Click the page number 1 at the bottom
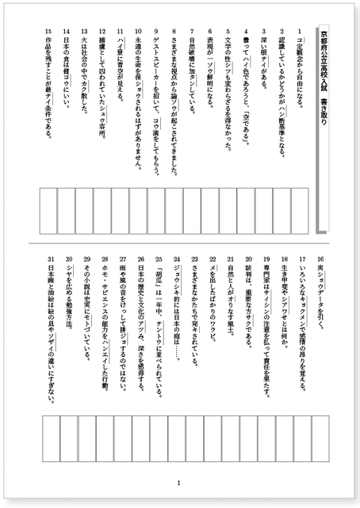coord(179,483)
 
